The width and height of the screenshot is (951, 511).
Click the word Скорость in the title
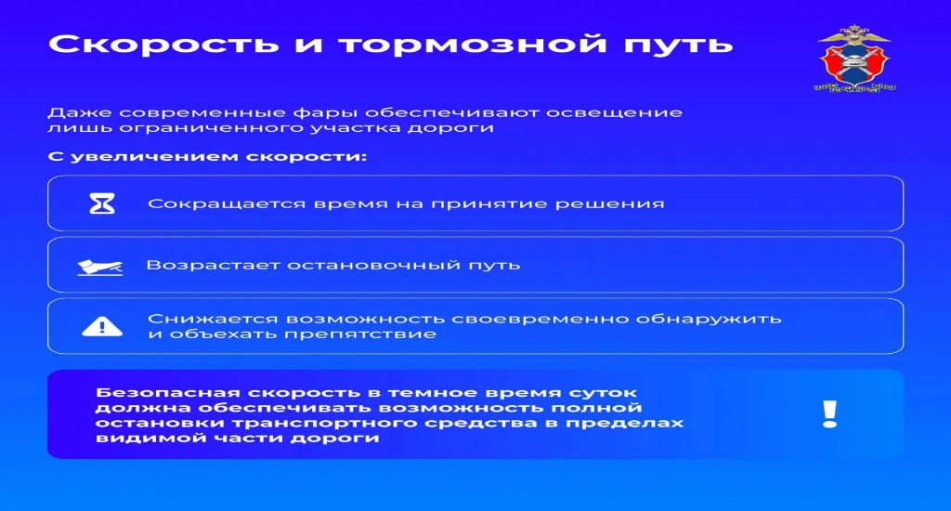[x=163, y=44]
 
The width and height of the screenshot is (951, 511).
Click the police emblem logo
[x=854, y=59]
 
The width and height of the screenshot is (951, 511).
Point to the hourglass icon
[x=102, y=203]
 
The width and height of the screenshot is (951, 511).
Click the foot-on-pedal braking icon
[x=100, y=267]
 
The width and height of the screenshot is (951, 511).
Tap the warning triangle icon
[x=102, y=326]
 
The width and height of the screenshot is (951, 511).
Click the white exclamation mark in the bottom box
[x=829, y=414]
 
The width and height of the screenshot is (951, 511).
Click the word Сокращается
[x=227, y=203]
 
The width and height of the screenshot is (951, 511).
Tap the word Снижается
[x=213, y=320]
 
